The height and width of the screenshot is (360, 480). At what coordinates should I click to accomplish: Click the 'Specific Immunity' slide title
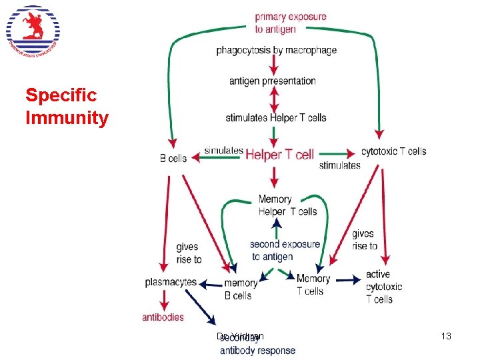[67, 107]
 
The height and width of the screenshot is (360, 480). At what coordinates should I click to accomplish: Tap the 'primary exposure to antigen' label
[291, 23]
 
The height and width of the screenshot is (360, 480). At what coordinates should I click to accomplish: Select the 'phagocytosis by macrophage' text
[276, 50]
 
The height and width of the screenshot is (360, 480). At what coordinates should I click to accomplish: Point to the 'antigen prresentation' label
[273, 81]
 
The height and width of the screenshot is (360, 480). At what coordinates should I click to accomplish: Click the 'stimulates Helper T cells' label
[276, 118]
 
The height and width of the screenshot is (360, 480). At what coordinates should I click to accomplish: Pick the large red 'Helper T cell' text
[279, 155]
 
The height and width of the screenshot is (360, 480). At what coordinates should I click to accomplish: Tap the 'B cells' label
[173, 159]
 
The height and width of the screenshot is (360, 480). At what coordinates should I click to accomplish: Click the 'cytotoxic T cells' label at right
[393, 151]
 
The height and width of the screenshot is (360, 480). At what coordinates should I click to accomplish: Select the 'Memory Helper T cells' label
[287, 205]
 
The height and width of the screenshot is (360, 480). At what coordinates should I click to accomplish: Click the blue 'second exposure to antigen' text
[285, 251]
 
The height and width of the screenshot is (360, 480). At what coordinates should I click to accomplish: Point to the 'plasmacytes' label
[171, 282]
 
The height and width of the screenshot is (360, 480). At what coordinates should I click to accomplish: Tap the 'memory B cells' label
[240, 289]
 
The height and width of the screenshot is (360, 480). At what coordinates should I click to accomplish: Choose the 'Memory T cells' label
[313, 285]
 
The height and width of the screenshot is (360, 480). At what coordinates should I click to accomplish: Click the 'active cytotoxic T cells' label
[384, 287]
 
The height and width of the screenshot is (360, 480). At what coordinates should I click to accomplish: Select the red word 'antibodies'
[163, 317]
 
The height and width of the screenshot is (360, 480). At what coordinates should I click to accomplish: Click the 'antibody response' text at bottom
[257, 351]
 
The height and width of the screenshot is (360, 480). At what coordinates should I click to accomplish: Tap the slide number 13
[447, 337]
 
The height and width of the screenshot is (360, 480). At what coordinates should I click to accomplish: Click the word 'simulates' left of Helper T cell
[223, 151]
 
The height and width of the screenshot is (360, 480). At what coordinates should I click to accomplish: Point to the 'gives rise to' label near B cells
[189, 253]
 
